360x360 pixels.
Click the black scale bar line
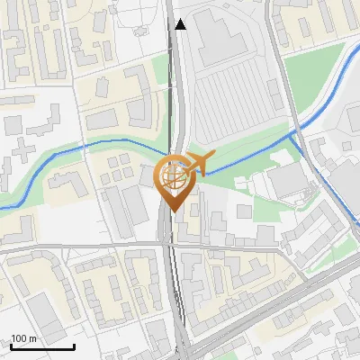click(42, 346)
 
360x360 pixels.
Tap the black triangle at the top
click(181, 24)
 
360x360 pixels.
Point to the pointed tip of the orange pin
click(172, 211)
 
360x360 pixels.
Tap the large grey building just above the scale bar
click(45, 315)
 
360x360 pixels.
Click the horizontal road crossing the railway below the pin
click(108, 244)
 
